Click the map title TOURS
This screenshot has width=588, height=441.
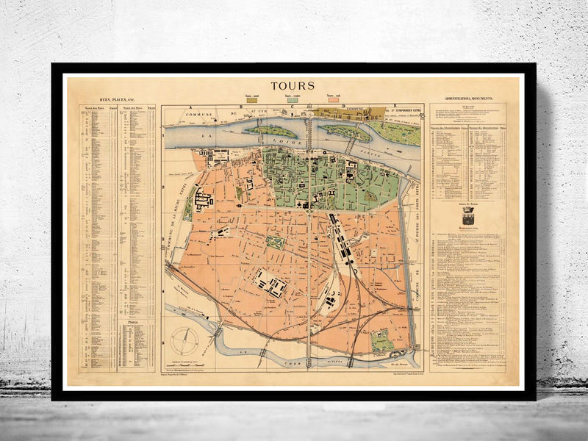pos(293,85)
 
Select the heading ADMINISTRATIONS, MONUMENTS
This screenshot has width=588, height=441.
pos(468,98)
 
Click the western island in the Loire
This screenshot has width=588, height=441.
pos(270,130)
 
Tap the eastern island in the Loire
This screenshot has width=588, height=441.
pos(344,132)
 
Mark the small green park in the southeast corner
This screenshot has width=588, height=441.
pos(381,340)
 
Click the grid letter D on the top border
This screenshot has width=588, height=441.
pos(343,107)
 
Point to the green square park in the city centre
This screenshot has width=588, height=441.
pos(276,242)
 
